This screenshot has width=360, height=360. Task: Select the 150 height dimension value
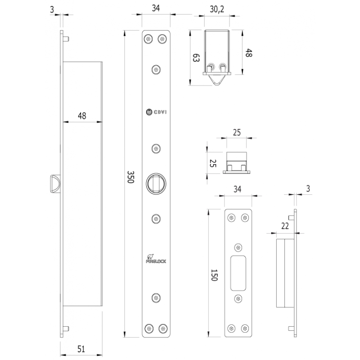214,273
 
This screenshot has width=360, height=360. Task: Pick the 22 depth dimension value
284,226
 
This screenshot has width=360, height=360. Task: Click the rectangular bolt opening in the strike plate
238,272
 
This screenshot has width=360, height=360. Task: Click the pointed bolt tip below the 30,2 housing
217,80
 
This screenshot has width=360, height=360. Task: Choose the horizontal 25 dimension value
236,132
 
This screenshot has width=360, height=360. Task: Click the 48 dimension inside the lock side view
81,116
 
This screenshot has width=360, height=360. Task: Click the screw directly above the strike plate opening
238,247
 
